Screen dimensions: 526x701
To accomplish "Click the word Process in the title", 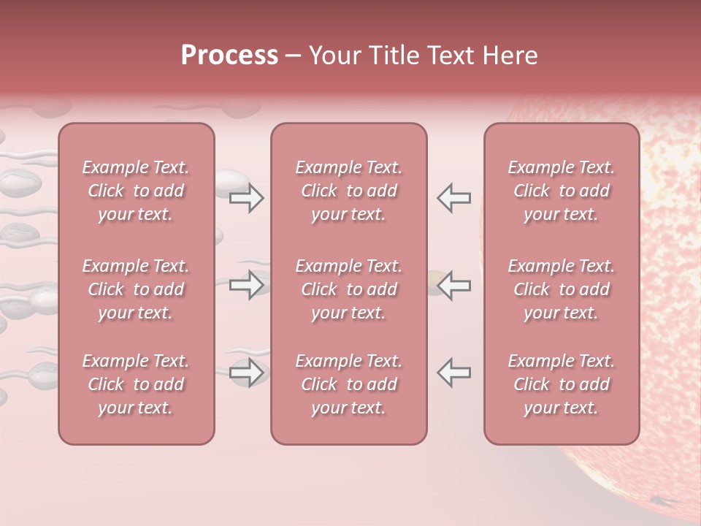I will [229, 56].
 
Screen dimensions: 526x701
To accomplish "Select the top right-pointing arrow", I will [247, 198].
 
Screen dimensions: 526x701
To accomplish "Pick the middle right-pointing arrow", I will [247, 285].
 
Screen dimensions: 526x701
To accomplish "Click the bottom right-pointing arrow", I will [247, 373].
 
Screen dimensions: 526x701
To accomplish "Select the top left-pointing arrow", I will [453, 198].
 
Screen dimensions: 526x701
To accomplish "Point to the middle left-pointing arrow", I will [453, 285].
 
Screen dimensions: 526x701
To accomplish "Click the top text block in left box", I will [136, 191].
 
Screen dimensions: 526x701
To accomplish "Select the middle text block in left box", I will [136, 289].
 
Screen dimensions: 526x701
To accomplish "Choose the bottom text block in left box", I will [136, 384].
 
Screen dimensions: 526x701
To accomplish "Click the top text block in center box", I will [348, 191].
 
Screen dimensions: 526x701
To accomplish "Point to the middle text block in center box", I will [348, 289].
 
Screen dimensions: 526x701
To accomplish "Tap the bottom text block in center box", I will [348, 384].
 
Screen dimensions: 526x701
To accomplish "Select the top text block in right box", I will [561, 191].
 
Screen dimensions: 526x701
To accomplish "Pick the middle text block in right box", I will [561, 289].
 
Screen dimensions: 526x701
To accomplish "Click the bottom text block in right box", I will [561, 384].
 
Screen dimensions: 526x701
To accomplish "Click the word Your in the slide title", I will [334, 56].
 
